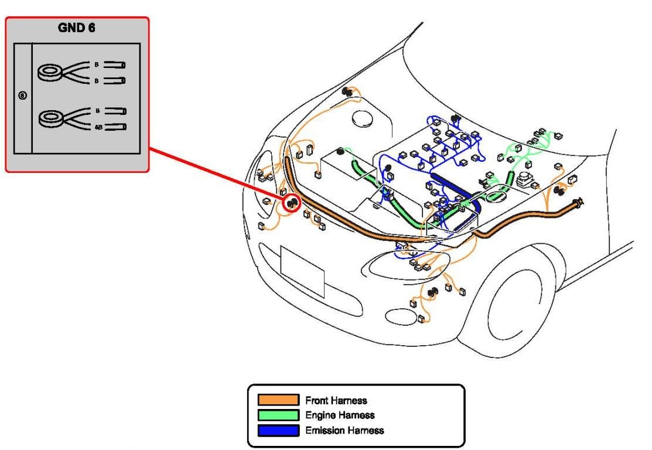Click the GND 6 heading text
tap(77, 28)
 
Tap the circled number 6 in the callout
tap(22, 96)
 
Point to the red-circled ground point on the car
tap(291, 203)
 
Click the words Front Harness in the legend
tap(336, 401)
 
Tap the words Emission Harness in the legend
tap(344, 431)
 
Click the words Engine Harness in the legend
tap(340, 415)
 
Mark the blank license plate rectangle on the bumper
tap(302, 271)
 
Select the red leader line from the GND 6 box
tap(217, 176)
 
